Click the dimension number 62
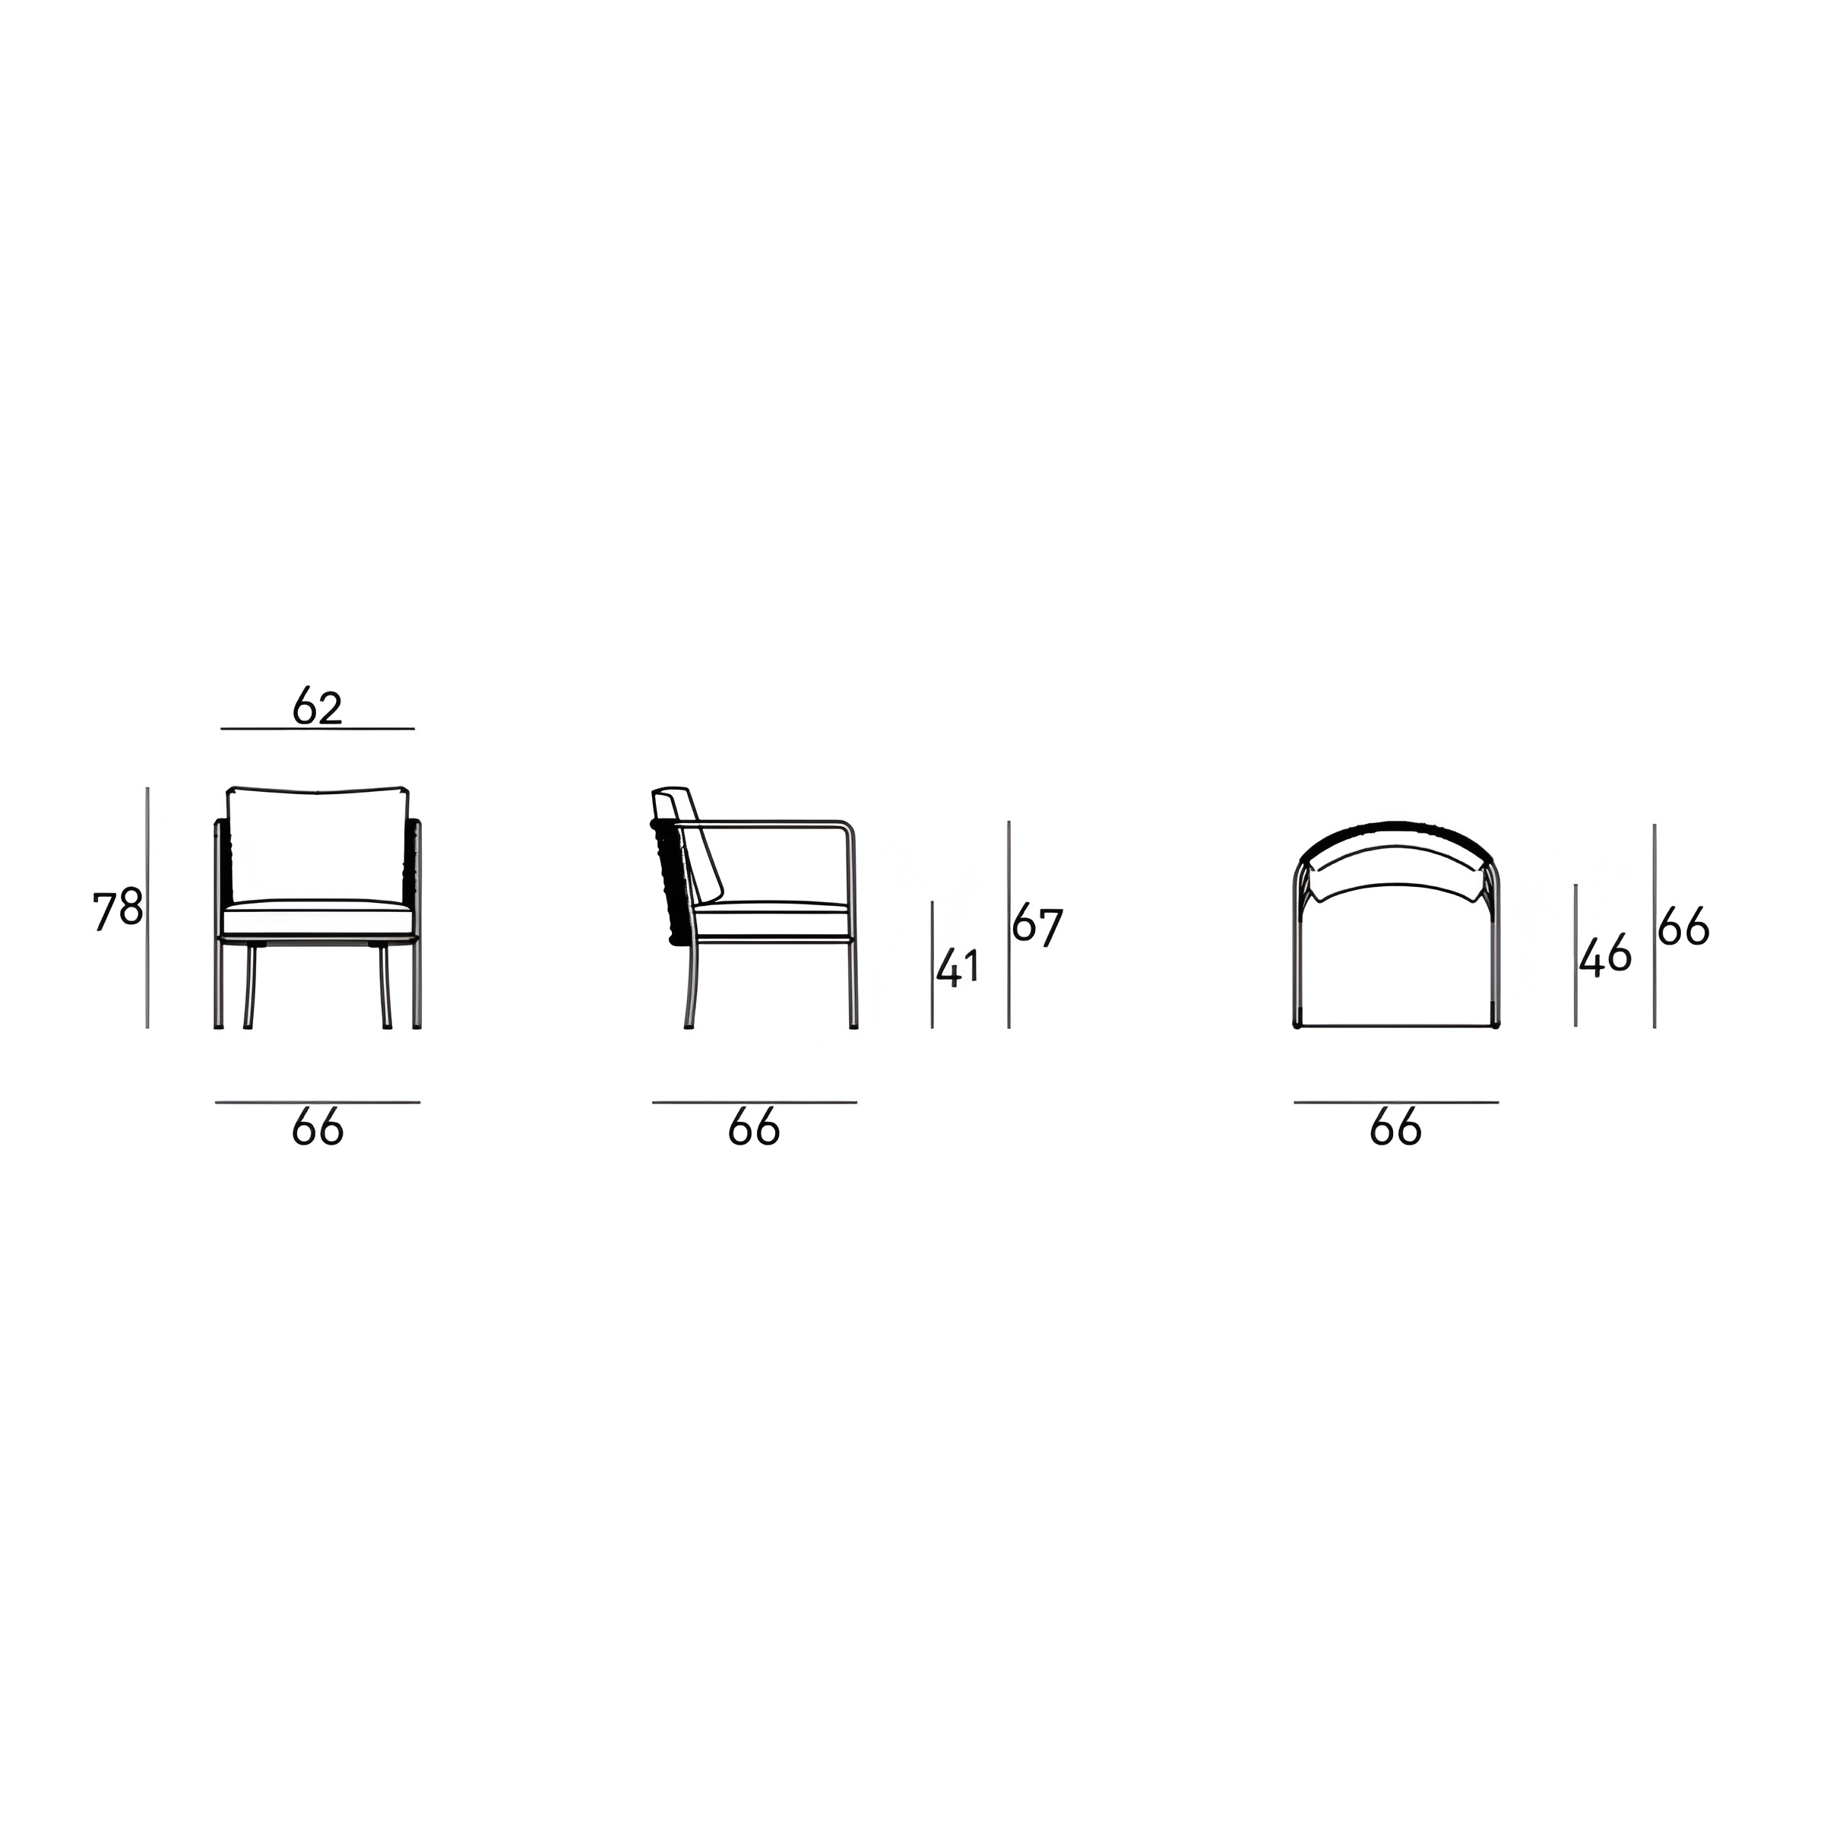pyautogui.click(x=316, y=706)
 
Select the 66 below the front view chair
pyautogui.click(x=317, y=1127)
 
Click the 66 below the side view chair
pyautogui.click(x=753, y=1127)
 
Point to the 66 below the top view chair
pyautogui.click(x=1395, y=1127)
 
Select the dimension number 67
pyautogui.click(x=1037, y=926)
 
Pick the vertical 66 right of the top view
pyautogui.click(x=1683, y=927)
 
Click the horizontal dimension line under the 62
pyautogui.click(x=317, y=729)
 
